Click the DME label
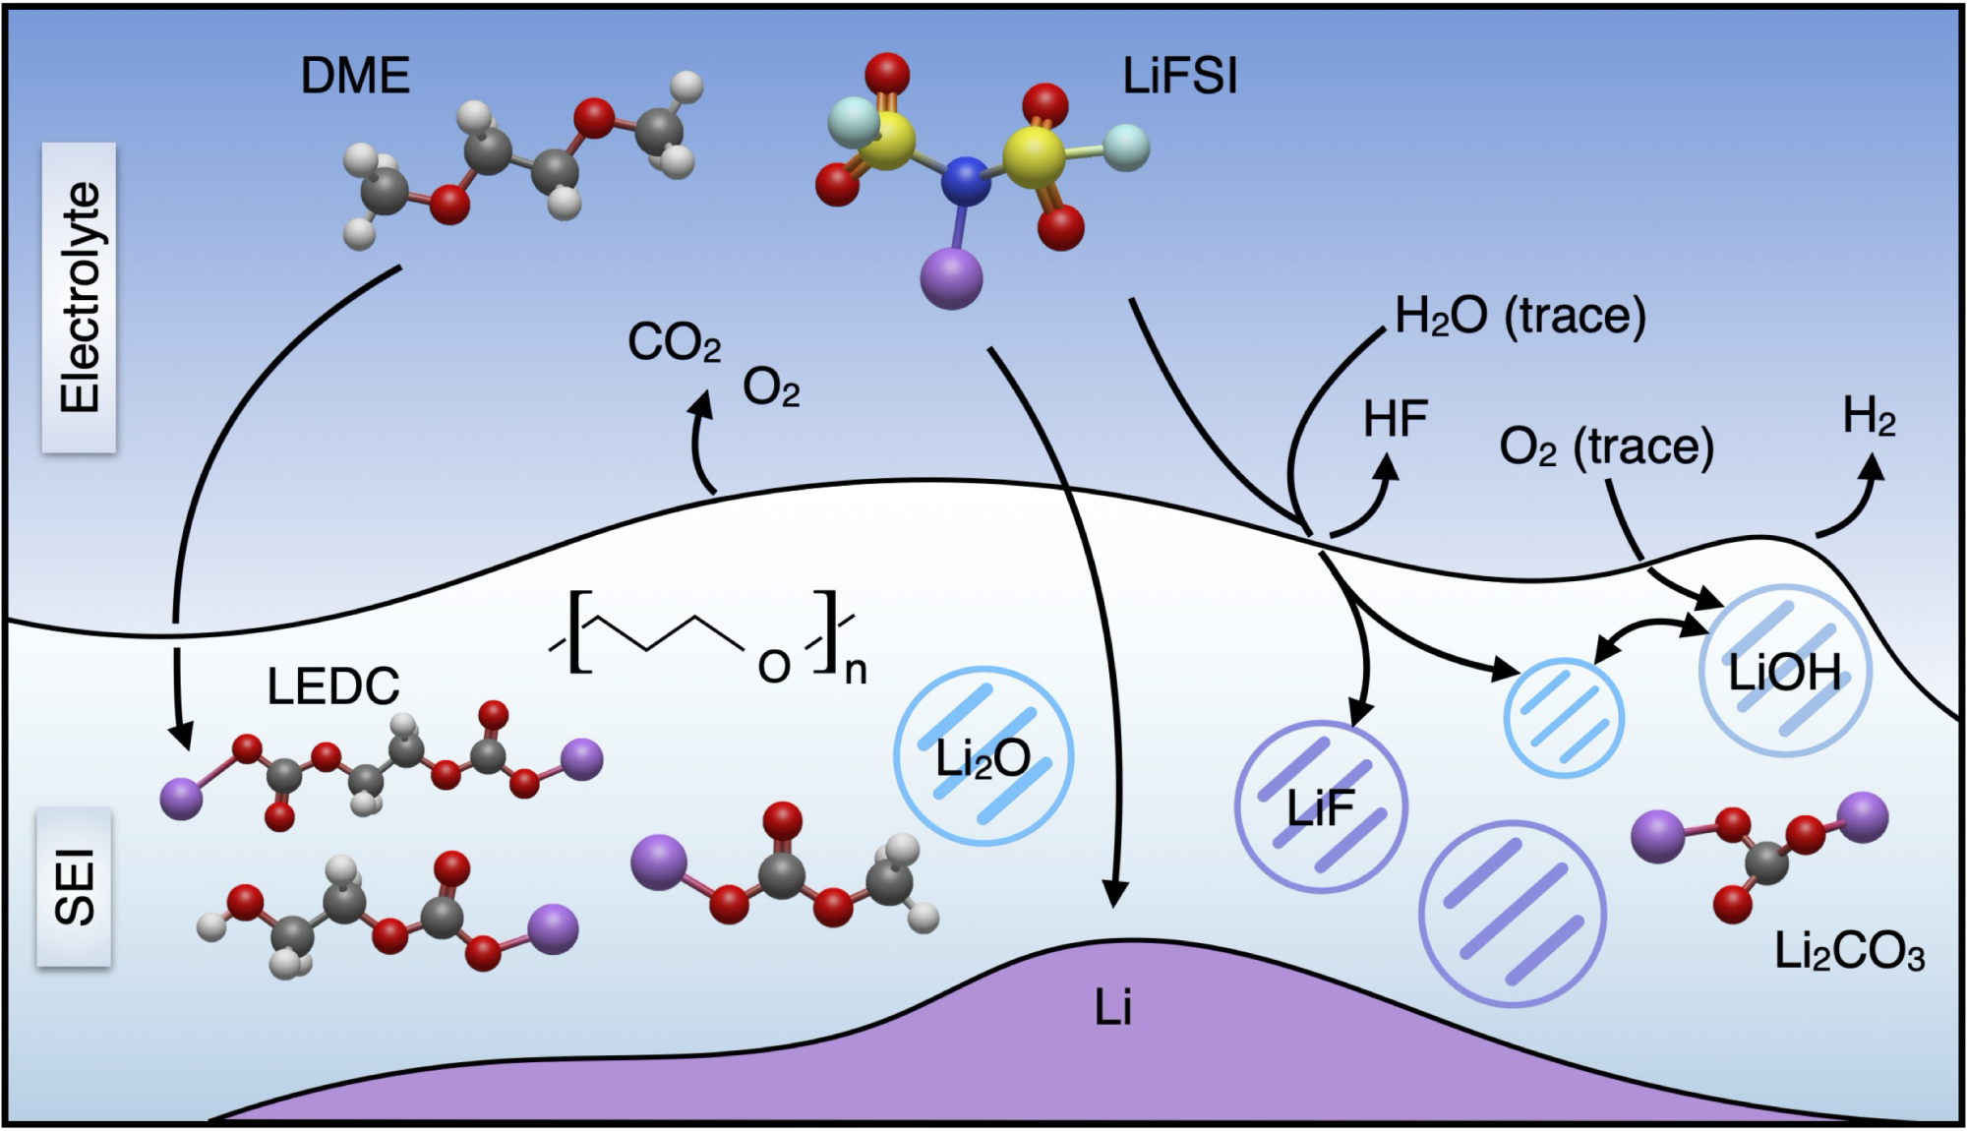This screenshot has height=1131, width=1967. pos(355,77)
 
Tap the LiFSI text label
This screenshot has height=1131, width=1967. pos(1180,77)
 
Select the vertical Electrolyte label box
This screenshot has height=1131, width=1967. pos(79,297)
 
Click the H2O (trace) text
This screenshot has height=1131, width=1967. pos(1520,317)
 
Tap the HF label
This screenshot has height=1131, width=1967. pos(1396,420)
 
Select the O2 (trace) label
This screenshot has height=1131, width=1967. pos(1606,447)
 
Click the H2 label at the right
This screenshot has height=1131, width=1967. pos(1869,417)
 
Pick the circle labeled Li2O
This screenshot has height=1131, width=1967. pos(983,756)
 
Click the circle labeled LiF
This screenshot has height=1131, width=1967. pos(1321,806)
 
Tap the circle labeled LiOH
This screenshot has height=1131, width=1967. pos(1785,672)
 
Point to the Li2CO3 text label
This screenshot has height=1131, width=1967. pos(1849,952)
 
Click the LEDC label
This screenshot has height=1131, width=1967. pos(333,686)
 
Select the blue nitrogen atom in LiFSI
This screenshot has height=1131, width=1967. pos(966,181)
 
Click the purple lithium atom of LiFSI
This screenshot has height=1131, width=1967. pos(952,278)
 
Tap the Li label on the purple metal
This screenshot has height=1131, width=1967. pos(1113,1008)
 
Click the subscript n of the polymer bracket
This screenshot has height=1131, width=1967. pos(856,672)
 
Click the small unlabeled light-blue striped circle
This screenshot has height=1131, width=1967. pos(1563,718)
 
